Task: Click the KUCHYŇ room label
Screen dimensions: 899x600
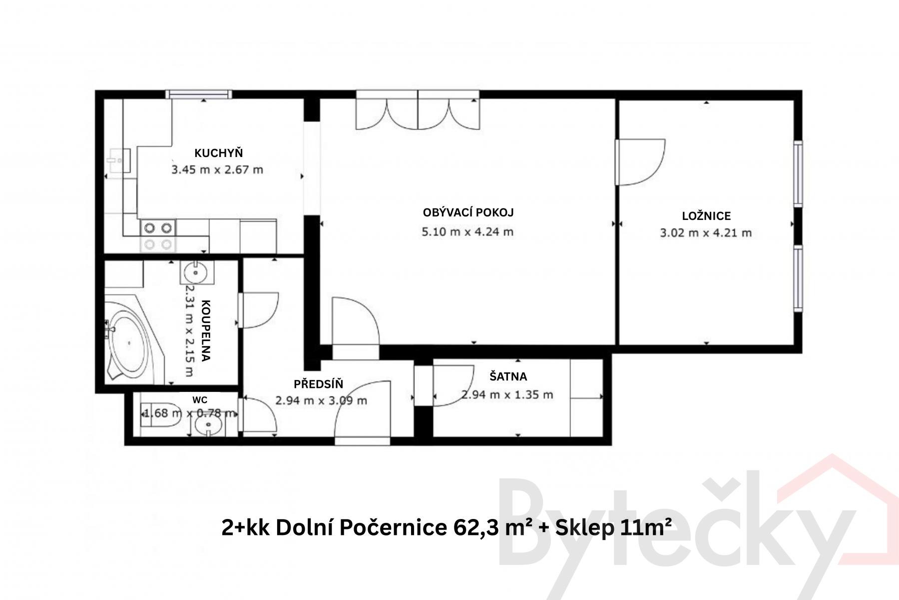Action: point(218,153)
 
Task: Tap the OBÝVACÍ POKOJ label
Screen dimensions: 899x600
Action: point(468,212)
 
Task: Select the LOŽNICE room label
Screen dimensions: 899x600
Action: point(706,216)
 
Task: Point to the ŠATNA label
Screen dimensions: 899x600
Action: point(508,376)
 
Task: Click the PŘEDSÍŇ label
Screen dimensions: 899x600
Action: point(319,384)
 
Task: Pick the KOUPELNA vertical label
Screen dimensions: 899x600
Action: point(206,330)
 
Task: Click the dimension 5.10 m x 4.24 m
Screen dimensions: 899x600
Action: point(468,232)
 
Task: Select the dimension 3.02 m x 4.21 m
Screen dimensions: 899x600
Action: point(706,232)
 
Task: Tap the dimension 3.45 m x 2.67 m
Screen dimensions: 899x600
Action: point(217,169)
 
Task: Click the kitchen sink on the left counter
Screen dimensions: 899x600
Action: point(118,160)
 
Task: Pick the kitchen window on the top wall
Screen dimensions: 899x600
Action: point(199,94)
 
